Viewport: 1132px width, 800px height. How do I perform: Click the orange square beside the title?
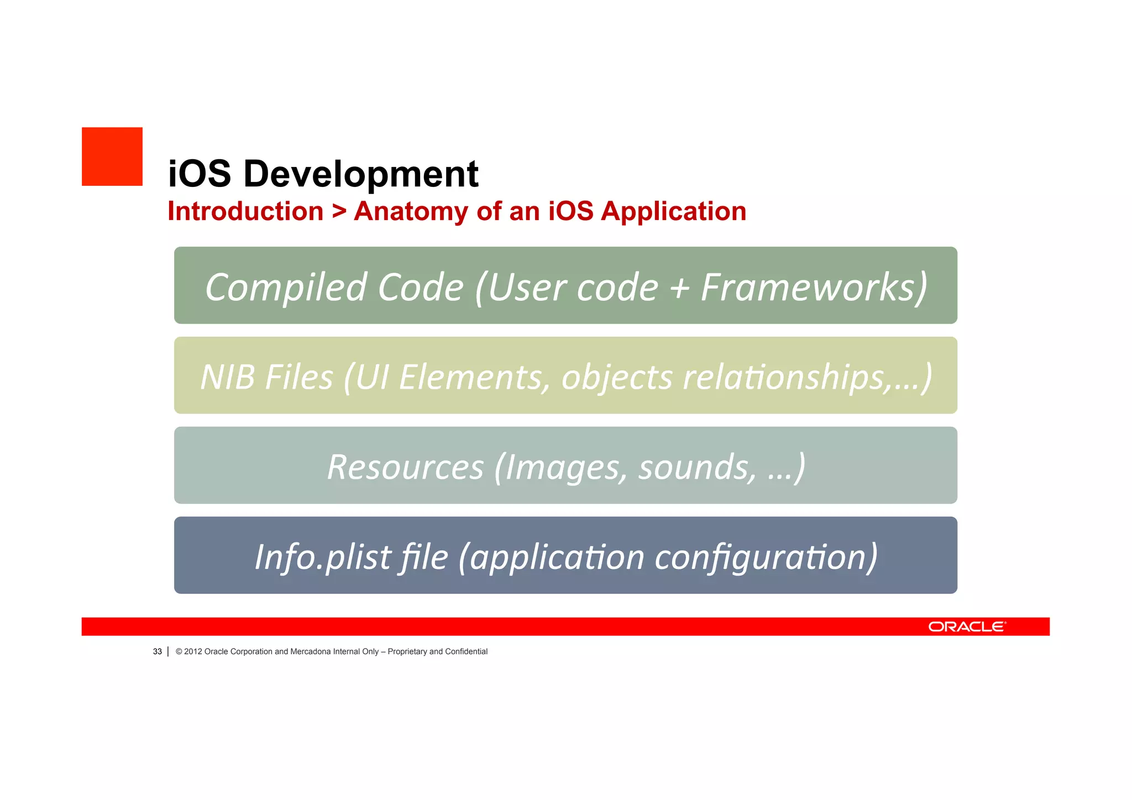[x=112, y=156]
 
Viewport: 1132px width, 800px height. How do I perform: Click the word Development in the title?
[x=360, y=174]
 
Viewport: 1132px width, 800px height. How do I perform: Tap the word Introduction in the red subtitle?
[x=245, y=211]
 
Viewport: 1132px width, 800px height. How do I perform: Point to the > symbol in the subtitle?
[x=339, y=212]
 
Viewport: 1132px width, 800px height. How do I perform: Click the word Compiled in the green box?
[x=285, y=287]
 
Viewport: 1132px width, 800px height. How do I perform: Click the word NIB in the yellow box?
[x=227, y=377]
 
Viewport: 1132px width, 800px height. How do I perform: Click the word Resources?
[x=405, y=467]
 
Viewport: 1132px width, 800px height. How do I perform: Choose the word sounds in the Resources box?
[x=696, y=467]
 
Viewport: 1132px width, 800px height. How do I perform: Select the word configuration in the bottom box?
[x=766, y=557]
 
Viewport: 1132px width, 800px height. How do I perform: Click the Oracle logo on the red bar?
[x=967, y=626]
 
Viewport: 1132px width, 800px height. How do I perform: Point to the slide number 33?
[x=158, y=652]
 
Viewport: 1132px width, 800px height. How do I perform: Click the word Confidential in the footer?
[x=466, y=652]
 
